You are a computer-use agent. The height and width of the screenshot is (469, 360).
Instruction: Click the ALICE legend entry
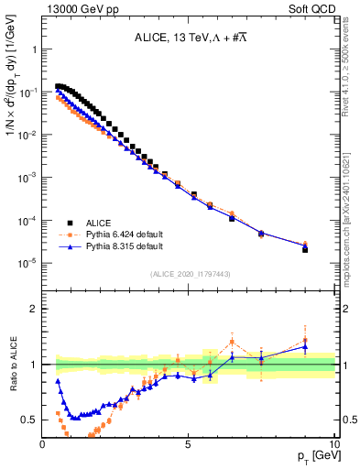[102, 222]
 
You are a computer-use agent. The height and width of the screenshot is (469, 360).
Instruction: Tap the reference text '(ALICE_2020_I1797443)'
[189, 274]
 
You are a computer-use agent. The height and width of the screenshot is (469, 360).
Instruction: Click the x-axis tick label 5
[188, 444]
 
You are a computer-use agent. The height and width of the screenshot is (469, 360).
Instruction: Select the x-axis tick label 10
[333, 444]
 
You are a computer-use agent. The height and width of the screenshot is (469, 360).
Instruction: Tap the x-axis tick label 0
[43, 444]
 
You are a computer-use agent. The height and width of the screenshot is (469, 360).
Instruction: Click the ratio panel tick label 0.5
[29, 420]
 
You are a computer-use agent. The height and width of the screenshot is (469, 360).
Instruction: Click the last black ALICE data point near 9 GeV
[305, 249]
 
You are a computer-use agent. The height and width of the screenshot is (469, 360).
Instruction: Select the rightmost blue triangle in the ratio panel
[305, 347]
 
